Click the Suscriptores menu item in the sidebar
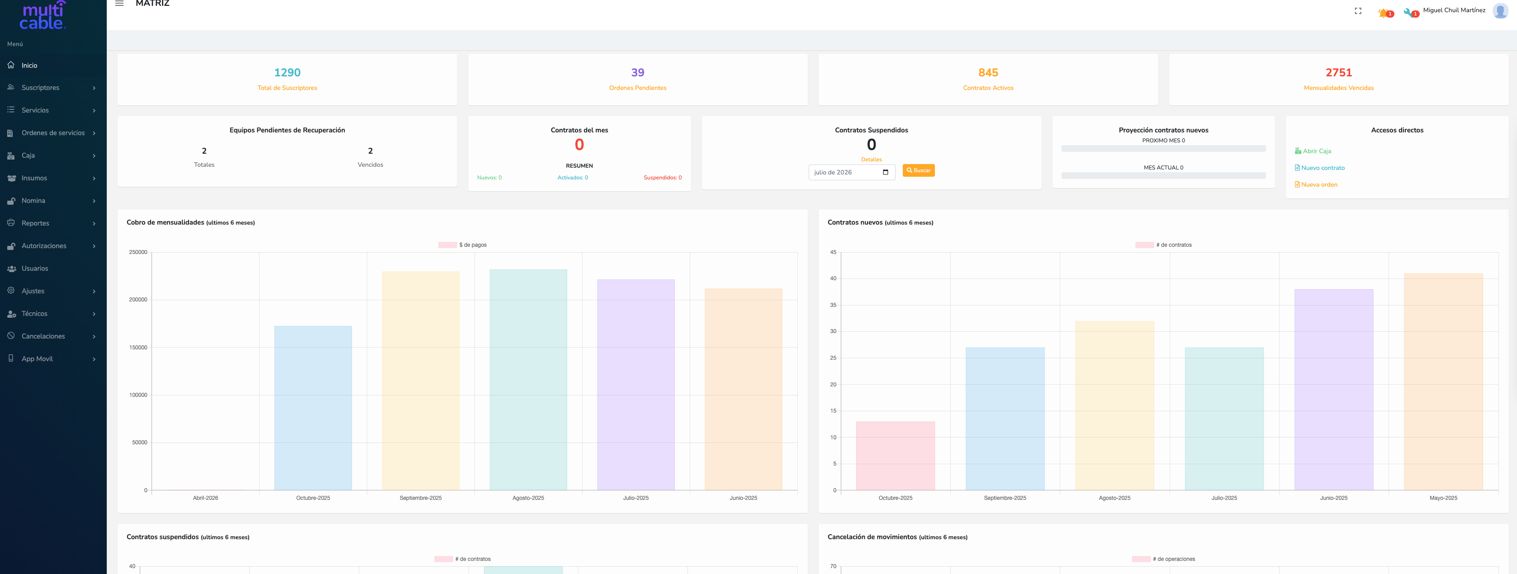click(x=40, y=88)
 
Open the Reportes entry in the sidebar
click(x=35, y=223)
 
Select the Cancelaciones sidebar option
click(x=43, y=336)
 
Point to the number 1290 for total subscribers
click(x=287, y=72)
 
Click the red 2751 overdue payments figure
click(x=1338, y=72)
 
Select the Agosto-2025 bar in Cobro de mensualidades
click(x=528, y=380)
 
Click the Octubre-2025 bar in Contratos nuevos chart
click(x=895, y=456)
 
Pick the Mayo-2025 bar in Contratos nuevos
click(x=1443, y=381)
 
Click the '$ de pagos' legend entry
click(x=462, y=245)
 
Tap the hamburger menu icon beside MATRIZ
click(x=119, y=4)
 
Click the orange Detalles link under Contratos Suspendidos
click(x=871, y=160)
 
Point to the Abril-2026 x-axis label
click(x=205, y=498)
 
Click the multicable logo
click(x=43, y=15)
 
